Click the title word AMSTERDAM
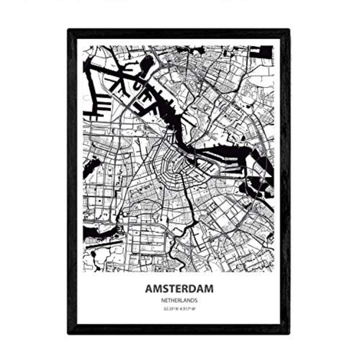179,289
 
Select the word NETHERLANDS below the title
179,300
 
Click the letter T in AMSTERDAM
168,289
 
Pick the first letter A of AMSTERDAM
149,289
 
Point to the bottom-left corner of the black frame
69,333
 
